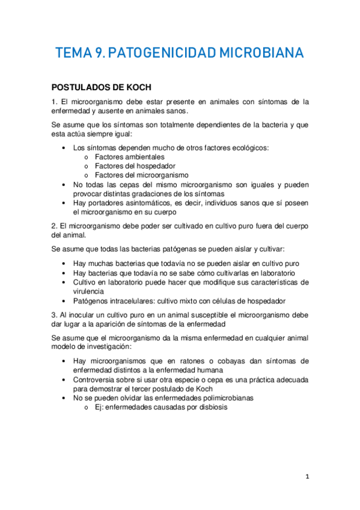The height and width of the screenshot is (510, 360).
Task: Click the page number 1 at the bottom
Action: click(x=307, y=476)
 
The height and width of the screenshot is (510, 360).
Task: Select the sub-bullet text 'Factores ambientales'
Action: click(x=130, y=157)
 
